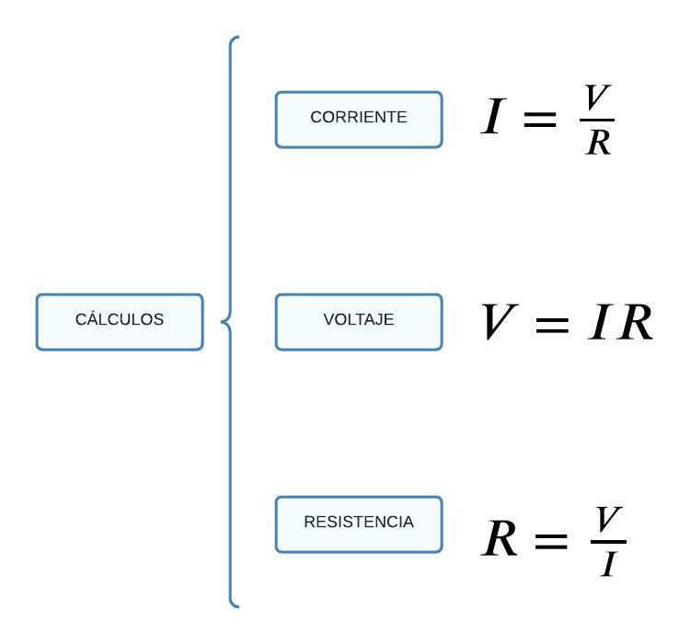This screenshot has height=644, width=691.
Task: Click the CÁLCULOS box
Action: [x=120, y=322]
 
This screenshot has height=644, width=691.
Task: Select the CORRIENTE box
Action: [x=359, y=120]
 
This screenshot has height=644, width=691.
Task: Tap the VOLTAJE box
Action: [x=359, y=322]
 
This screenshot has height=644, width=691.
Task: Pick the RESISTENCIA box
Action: [x=359, y=524]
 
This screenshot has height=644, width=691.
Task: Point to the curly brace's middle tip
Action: [x=224, y=321]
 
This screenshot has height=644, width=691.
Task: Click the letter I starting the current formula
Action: [x=493, y=119]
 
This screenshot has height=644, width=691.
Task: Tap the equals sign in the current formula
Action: [x=540, y=119]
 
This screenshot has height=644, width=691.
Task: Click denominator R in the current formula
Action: [x=598, y=142]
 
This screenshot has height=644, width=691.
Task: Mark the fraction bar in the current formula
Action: [x=598, y=120]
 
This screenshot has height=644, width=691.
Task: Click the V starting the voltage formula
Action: [x=500, y=322]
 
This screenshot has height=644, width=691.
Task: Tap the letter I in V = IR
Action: [x=600, y=323]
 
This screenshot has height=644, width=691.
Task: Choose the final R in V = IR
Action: [x=635, y=323]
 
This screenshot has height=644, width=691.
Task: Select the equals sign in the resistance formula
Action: [x=550, y=541]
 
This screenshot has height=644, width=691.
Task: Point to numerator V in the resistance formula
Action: [x=608, y=520]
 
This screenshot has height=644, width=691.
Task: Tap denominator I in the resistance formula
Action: [x=608, y=563]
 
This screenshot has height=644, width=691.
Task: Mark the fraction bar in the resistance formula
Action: [x=608, y=541]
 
